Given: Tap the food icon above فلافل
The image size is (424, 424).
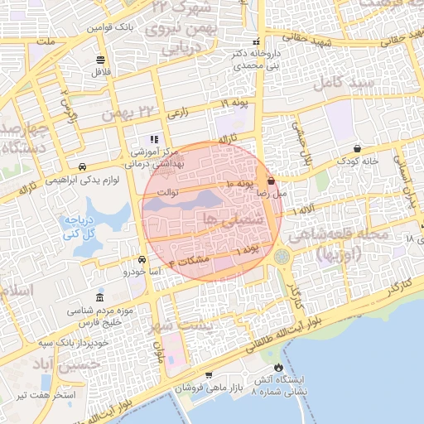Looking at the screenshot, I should point(101,60).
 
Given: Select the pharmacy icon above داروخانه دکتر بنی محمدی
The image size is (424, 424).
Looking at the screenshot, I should point(258,41).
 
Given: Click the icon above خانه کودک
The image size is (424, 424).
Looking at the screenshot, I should point(357,149).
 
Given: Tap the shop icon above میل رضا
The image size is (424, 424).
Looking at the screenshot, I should point(272,180).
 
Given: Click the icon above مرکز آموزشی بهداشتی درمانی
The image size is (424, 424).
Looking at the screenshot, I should point(153,139).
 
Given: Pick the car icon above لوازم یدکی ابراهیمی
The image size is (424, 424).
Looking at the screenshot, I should point(83,166).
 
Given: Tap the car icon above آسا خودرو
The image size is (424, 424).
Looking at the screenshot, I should point(142,259).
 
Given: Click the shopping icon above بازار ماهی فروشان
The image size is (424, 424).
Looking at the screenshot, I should point(207,375).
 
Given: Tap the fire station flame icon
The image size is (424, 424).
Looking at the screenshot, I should point(278,367).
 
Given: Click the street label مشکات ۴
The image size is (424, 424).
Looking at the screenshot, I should point(189,260).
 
